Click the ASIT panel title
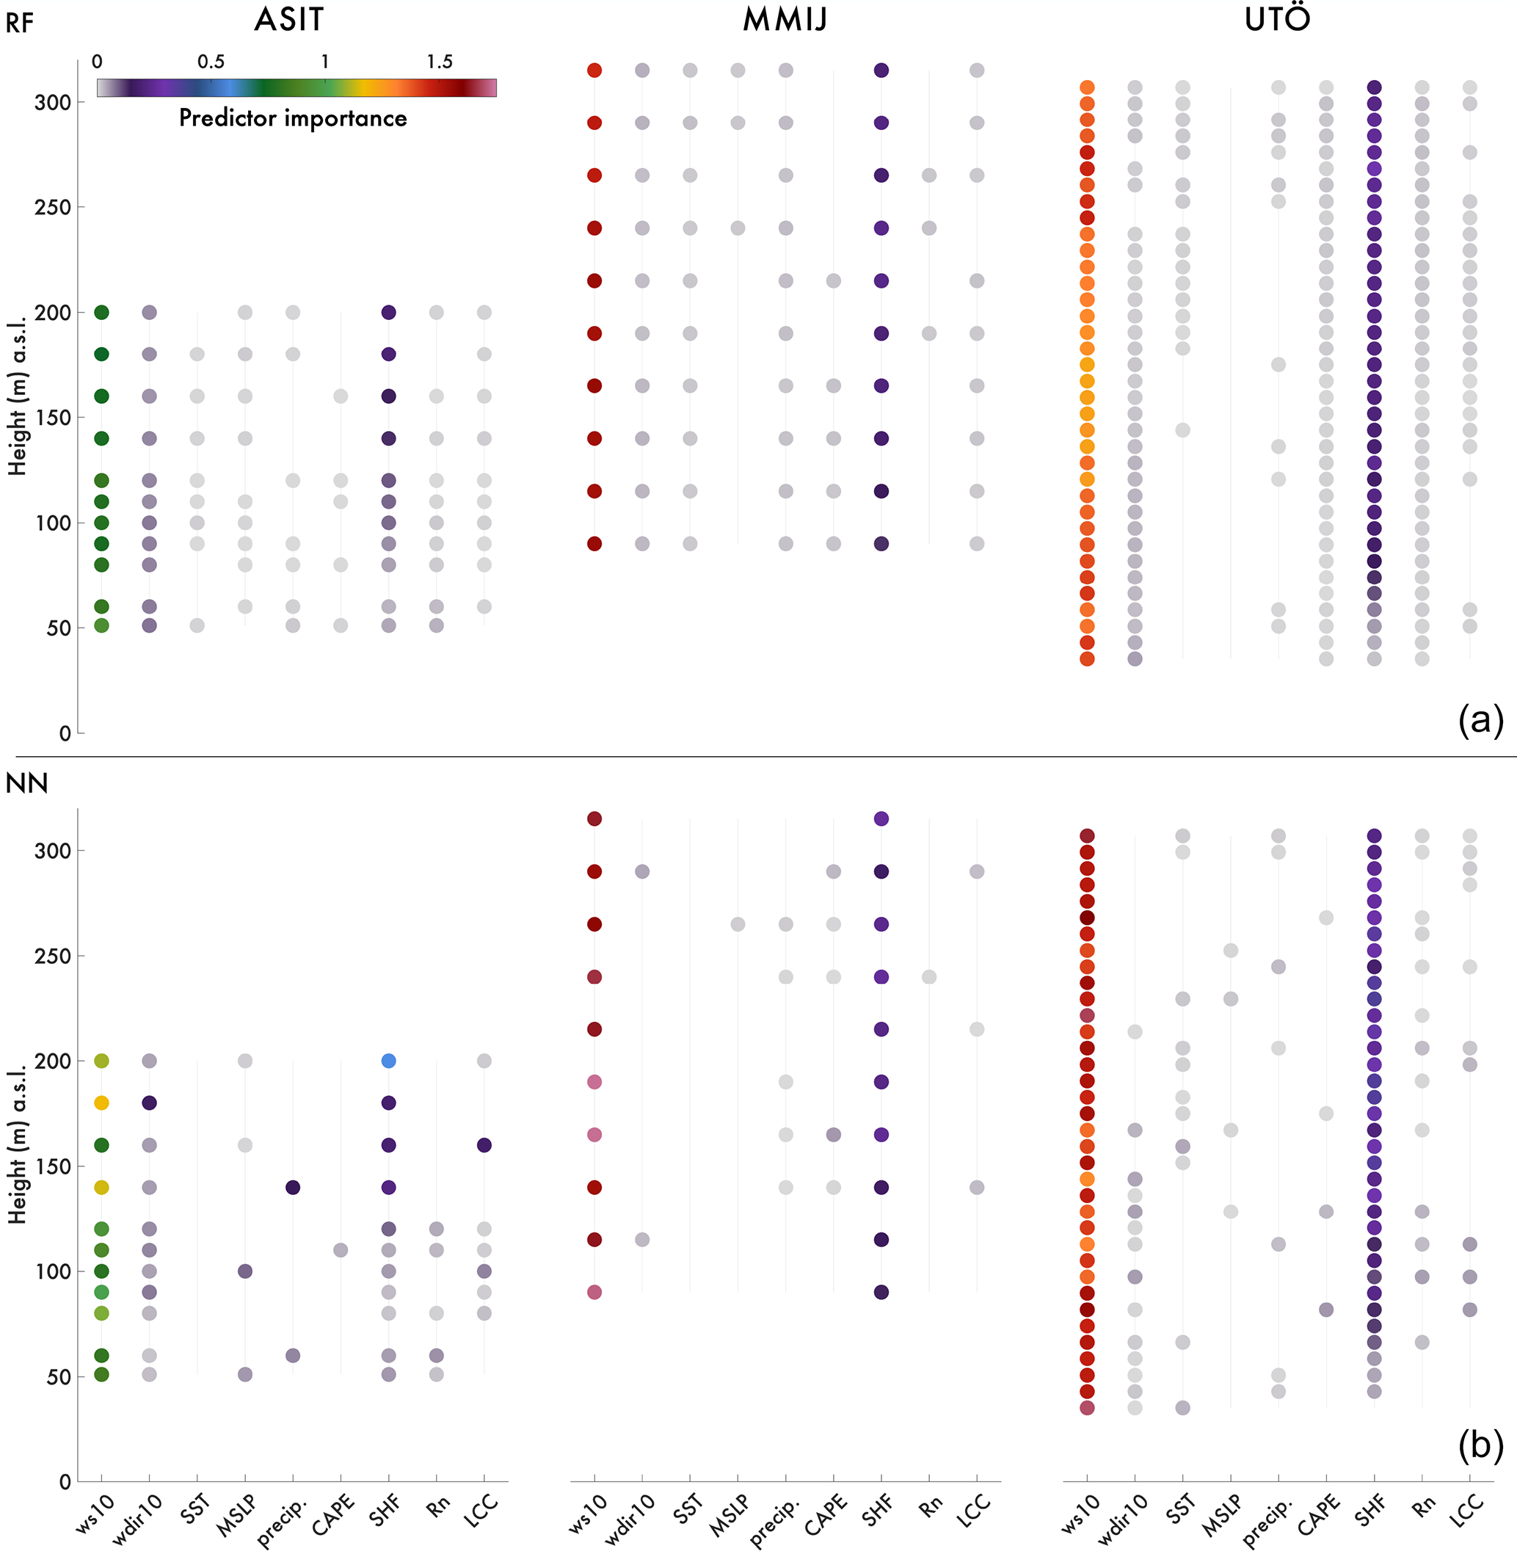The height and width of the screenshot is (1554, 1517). pyautogui.click(x=289, y=20)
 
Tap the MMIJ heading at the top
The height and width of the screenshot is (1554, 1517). pyautogui.click(x=785, y=20)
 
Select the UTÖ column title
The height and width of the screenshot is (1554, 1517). pyautogui.click(x=1277, y=18)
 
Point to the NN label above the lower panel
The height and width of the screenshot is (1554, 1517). pyautogui.click(x=26, y=783)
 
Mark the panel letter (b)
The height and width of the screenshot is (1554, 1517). pyautogui.click(x=1480, y=1445)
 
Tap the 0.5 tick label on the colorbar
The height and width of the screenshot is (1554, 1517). pyautogui.click(x=211, y=62)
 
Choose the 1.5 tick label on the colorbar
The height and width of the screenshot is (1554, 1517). pyautogui.click(x=439, y=62)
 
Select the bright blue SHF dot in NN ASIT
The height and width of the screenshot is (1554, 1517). pyautogui.click(x=388, y=1061)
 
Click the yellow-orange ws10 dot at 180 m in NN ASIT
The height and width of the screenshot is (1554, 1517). pyautogui.click(x=101, y=1103)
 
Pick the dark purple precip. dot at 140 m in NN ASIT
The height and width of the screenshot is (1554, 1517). pyautogui.click(x=292, y=1188)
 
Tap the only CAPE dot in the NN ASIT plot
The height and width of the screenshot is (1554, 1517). pyautogui.click(x=341, y=1250)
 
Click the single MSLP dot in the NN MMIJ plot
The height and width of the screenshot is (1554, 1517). pyautogui.click(x=738, y=924)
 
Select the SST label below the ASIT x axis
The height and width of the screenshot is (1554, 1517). pyautogui.click(x=195, y=1508)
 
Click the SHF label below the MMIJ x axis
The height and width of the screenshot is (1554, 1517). pyautogui.click(x=878, y=1510)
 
